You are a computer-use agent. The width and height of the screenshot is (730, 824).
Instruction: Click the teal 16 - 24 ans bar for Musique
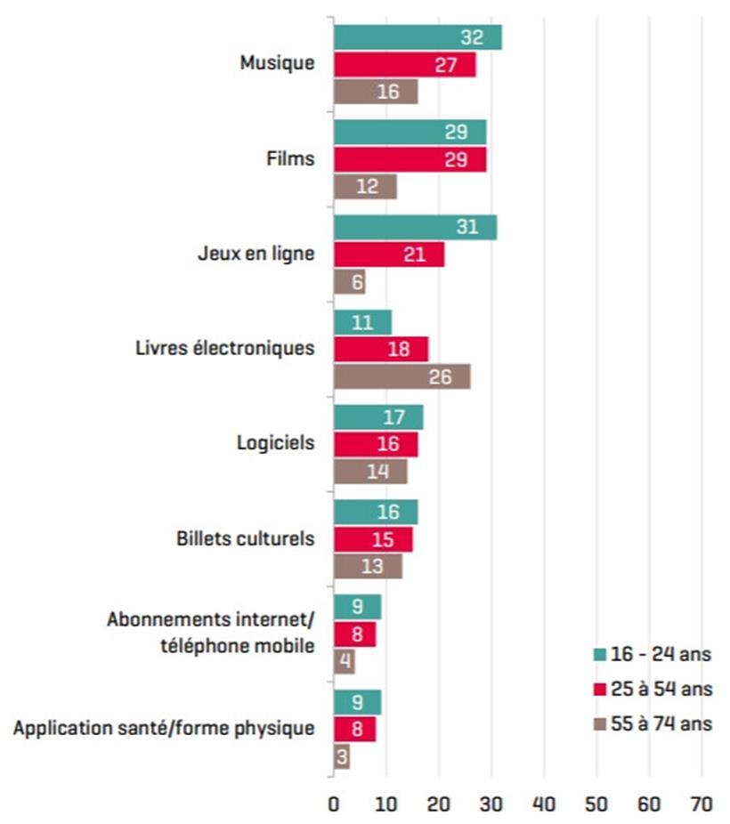[418, 37]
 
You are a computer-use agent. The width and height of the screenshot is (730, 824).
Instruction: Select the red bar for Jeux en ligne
[389, 254]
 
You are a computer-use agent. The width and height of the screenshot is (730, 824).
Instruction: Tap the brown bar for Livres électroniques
[401, 376]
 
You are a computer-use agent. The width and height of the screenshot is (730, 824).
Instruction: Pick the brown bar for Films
[365, 187]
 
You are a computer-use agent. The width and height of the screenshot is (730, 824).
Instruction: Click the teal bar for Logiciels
[378, 417]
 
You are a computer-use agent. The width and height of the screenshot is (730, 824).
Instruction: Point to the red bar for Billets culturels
[373, 539]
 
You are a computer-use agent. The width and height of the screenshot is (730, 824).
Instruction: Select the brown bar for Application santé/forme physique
[342, 756]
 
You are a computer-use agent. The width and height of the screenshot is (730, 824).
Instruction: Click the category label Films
[291, 159]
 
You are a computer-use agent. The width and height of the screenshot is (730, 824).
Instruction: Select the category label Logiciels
[276, 442]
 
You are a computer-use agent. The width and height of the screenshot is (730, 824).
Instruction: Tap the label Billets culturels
[246, 539]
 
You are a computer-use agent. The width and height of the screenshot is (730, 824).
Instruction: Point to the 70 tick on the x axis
[702, 804]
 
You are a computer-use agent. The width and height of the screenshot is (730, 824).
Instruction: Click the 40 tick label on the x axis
[544, 804]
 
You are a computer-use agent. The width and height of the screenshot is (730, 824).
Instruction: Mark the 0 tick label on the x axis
[334, 804]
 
